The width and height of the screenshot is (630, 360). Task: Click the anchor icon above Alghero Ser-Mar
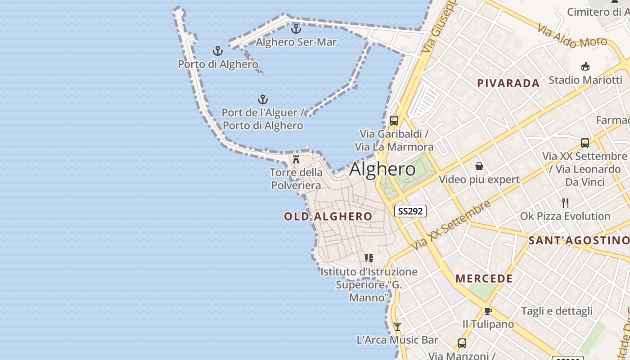point(296,29)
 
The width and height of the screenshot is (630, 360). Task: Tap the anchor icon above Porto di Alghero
point(218,51)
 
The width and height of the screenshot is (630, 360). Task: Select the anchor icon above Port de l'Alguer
point(263,99)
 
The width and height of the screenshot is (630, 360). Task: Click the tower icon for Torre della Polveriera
point(296,159)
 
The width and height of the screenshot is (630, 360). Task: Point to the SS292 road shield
point(410,211)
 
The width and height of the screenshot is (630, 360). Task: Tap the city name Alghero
point(382,169)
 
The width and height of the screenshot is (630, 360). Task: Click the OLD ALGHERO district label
point(328,216)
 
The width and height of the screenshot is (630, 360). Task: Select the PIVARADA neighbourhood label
point(508,83)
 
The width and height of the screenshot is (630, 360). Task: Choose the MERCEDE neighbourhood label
point(484,279)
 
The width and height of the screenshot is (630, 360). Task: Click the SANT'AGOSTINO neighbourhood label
point(579,240)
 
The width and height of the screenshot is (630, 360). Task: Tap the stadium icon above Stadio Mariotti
point(585,67)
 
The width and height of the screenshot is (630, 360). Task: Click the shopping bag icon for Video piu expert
point(479,166)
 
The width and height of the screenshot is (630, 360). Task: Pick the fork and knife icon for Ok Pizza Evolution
point(565,202)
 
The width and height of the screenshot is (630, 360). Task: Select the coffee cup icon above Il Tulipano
point(488,311)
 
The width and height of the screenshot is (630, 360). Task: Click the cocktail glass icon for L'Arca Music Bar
point(397,326)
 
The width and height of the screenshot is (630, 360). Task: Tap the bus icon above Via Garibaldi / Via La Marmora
point(394,120)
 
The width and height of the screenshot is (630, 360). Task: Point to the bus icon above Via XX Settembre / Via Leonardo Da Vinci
point(585,143)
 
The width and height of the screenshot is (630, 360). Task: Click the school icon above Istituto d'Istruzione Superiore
point(369,258)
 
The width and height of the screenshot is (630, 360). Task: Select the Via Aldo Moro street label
point(572,36)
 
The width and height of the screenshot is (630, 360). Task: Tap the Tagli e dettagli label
point(557,311)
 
